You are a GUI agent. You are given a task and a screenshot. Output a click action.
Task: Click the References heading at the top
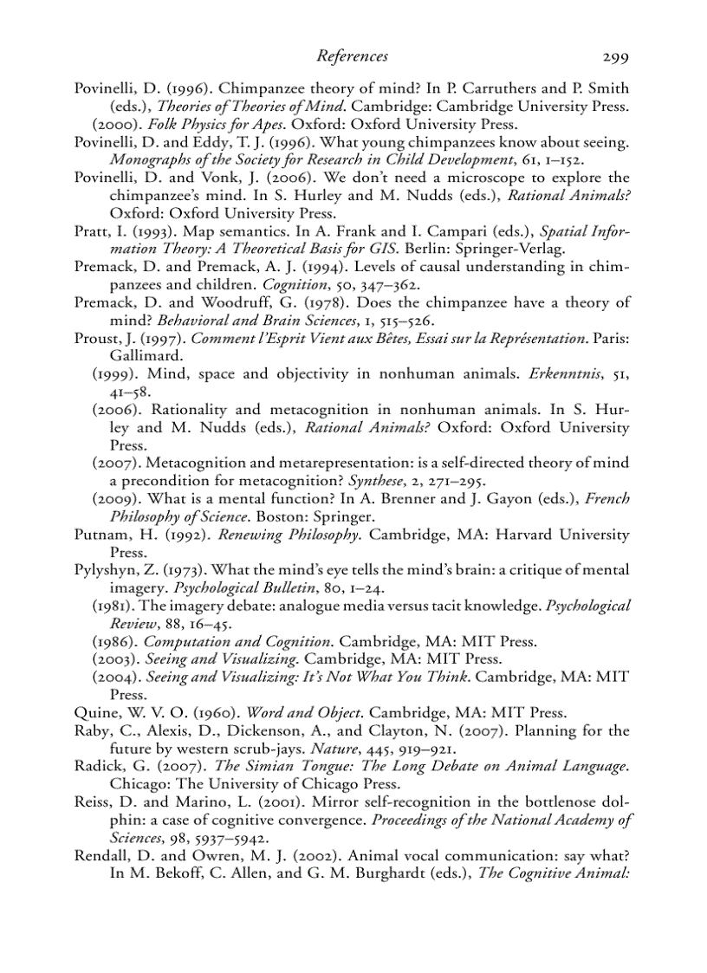tap(352, 56)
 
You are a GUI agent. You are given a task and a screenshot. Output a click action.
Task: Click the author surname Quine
tap(94, 713)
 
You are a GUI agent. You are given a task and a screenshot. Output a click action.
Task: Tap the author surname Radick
tap(98, 766)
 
